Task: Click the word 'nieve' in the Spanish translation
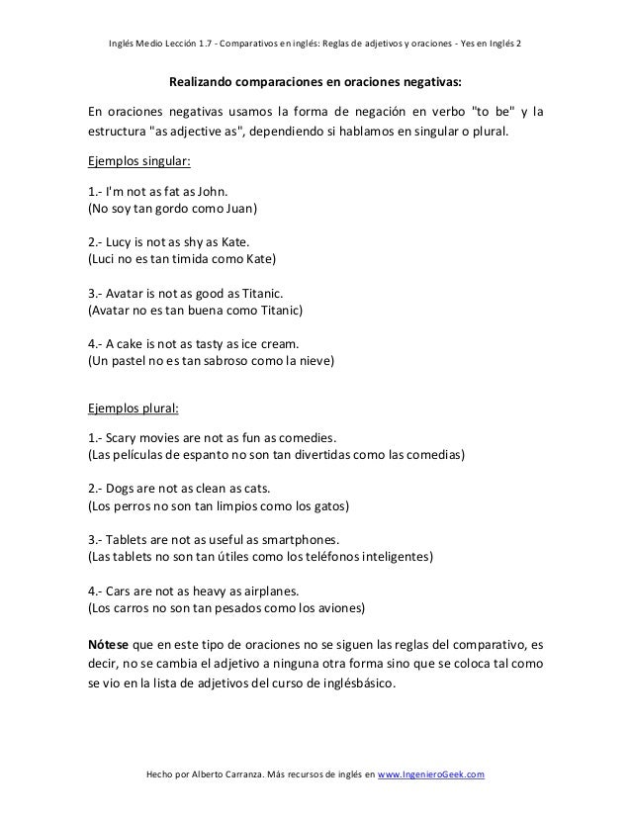pos(314,361)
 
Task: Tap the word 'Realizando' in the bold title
pos(204,81)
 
